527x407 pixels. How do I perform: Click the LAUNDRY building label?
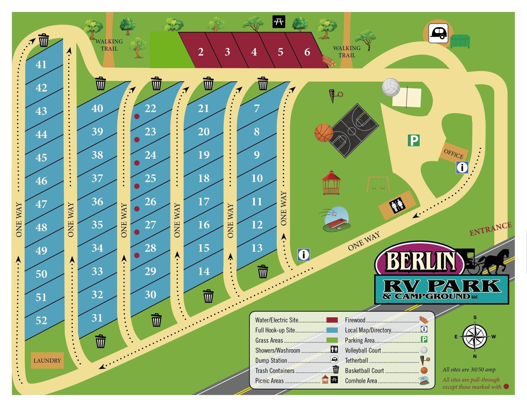point(47,360)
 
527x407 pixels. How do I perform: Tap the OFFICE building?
point(453,154)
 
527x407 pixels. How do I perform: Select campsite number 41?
point(41,64)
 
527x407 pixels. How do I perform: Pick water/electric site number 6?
point(307,52)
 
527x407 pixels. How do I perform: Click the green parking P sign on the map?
point(413,140)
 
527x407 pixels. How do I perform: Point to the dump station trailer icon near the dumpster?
point(438,33)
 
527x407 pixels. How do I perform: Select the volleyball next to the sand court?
point(391,87)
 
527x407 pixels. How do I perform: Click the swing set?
point(378,184)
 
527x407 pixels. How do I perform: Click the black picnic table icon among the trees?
point(279,21)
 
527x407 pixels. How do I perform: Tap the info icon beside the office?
point(462,167)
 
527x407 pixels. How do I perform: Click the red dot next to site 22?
point(137,116)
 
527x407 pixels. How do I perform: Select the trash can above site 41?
point(43,40)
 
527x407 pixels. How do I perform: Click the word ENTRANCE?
point(490,229)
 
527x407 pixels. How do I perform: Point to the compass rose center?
point(475,337)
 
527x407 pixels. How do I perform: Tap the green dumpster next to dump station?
point(460,41)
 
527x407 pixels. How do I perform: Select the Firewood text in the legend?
point(355,320)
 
